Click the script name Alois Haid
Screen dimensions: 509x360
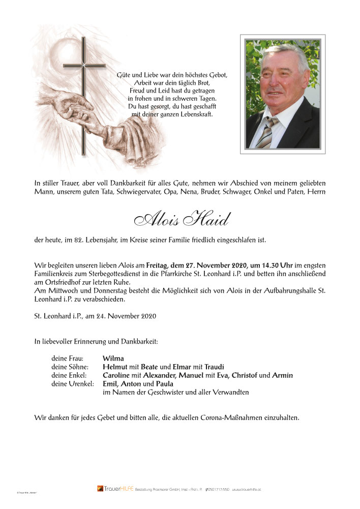(x=181, y=220)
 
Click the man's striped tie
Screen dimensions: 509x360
(x=267, y=132)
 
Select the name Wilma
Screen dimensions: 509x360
(x=113, y=358)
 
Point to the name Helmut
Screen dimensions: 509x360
(x=114, y=367)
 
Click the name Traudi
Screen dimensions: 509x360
(x=214, y=367)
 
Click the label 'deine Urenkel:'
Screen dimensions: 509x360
(x=73, y=384)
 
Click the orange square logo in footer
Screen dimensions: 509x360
(x=100, y=489)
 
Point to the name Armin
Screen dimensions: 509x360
(x=282, y=375)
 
